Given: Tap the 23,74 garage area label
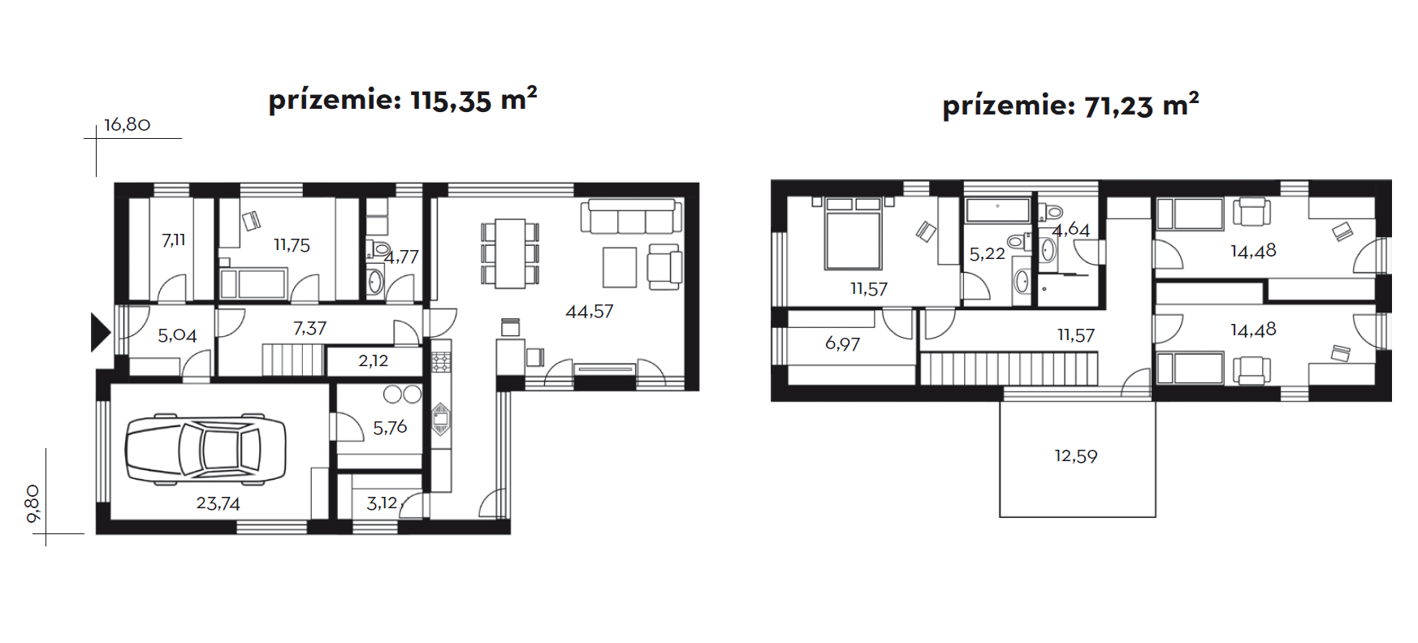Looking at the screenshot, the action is tap(218, 503).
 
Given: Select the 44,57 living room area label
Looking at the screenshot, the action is tap(590, 311).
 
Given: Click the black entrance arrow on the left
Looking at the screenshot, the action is tap(100, 332).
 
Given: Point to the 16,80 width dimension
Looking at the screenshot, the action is tap(128, 125).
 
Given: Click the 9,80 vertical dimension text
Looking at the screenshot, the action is tap(33, 503).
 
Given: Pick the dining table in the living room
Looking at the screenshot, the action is tap(510, 252).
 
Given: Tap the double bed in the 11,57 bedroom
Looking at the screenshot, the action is tap(853, 233).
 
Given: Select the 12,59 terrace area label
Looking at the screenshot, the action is tap(1076, 456).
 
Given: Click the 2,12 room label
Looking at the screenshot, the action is tap(374, 360).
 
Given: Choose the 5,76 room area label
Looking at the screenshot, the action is tap(390, 427).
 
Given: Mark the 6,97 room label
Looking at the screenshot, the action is tap(842, 343).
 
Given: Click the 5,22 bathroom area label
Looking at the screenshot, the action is tap(988, 254).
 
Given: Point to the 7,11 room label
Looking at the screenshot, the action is tap(174, 240).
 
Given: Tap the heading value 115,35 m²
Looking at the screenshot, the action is tap(473, 99).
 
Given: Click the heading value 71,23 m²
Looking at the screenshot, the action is tap(1141, 105).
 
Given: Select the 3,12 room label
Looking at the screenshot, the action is tap(382, 503).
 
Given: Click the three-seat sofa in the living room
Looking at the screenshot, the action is tap(631, 217).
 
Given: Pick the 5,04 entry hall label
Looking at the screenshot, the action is tap(177, 335).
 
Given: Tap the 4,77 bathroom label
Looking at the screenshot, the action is tap(401, 257).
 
